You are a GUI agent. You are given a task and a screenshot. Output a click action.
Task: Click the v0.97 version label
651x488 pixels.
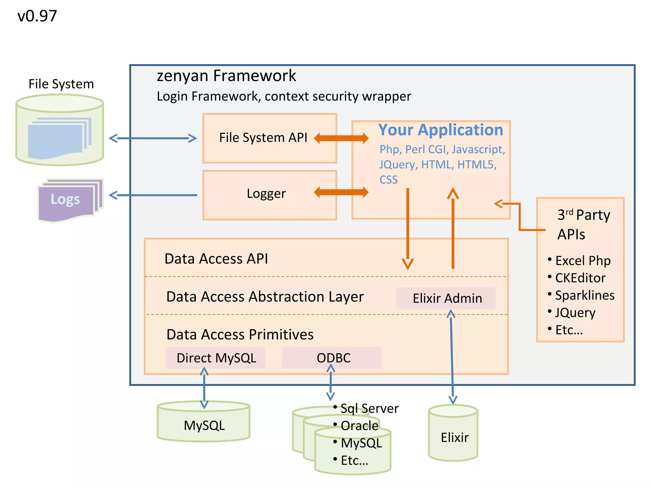tap(37, 16)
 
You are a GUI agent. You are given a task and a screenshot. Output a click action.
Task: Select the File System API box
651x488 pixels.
tap(270, 138)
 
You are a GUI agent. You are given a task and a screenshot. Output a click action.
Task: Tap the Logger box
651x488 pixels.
tap(270, 194)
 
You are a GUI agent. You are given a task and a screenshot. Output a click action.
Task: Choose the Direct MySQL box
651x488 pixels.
tap(216, 358)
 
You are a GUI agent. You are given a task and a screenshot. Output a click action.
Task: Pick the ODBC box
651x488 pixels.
tap(332, 358)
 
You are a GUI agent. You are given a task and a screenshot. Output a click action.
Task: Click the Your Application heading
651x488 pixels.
tap(441, 130)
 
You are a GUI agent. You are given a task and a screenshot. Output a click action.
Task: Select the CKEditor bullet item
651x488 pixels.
tap(580, 278)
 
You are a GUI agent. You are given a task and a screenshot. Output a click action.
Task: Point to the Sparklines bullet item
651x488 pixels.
tap(584, 295)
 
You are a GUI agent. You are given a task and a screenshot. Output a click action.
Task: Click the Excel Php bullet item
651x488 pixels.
tap(582, 261)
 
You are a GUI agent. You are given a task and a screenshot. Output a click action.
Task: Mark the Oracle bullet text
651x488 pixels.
tap(360, 426)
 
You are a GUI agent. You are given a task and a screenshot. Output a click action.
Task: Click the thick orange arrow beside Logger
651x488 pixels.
tap(341, 192)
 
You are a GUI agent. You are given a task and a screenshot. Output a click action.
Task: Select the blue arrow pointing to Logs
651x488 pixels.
tap(153, 195)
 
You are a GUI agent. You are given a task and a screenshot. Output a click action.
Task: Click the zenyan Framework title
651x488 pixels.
tap(226, 76)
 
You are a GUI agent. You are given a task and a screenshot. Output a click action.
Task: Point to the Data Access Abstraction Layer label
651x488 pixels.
tap(265, 297)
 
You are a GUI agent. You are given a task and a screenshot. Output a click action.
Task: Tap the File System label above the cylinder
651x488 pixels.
tap(61, 84)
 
